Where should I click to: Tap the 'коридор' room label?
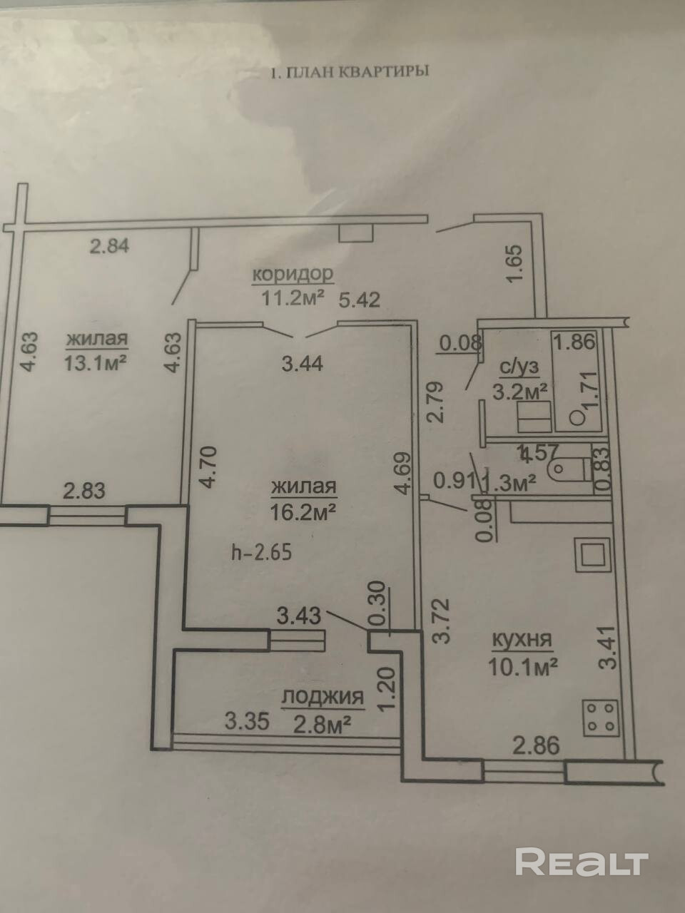(293, 273)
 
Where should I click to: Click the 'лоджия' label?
(323, 697)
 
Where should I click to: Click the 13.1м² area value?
(96, 362)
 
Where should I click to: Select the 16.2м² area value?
(303, 511)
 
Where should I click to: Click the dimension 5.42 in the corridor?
(359, 299)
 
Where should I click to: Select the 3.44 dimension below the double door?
(303, 364)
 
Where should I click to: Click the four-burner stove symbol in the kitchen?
(600, 718)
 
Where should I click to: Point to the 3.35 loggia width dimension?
(246, 722)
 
